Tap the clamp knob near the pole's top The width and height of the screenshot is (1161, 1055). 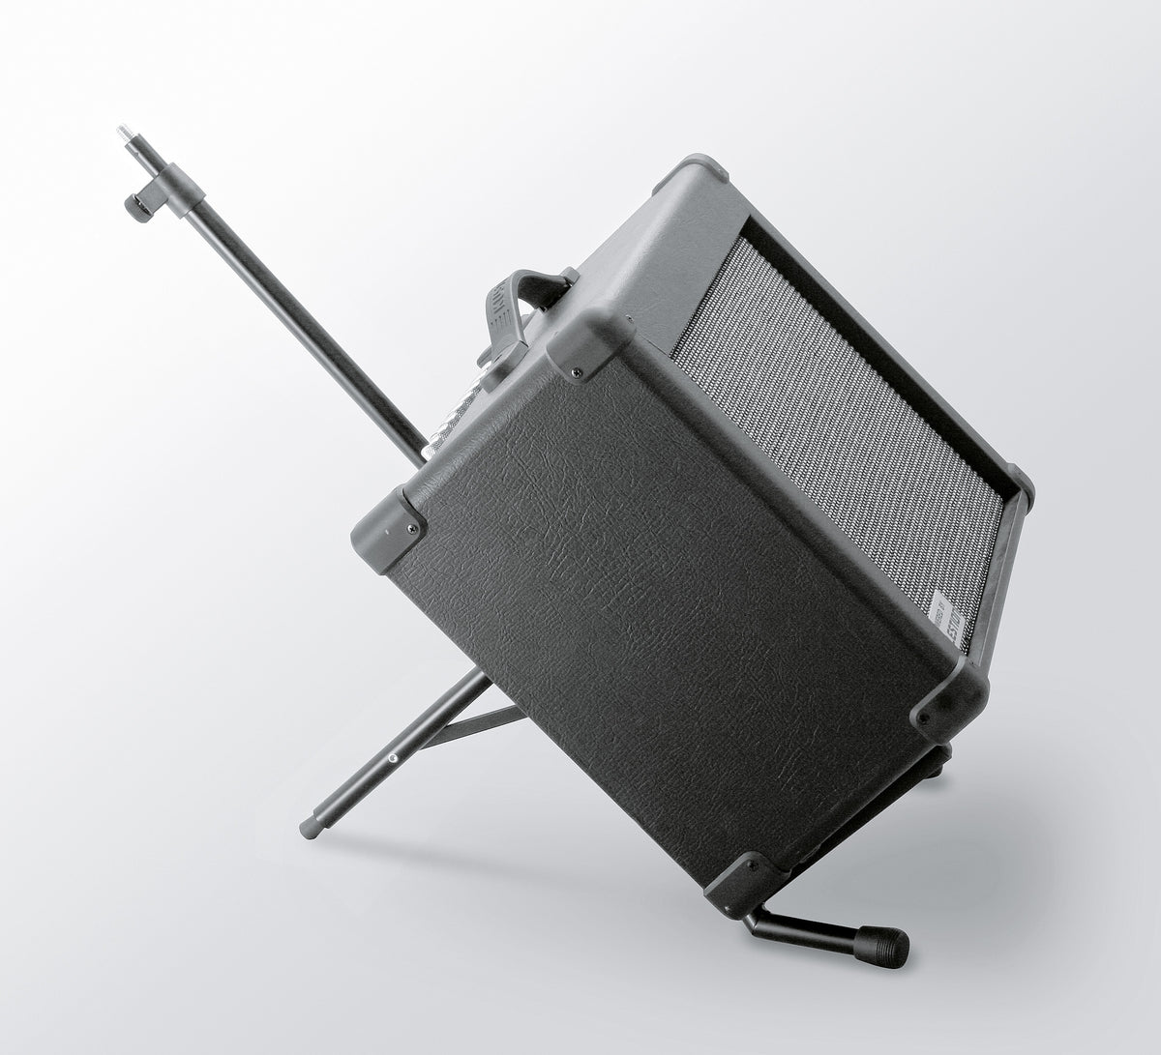point(138,206)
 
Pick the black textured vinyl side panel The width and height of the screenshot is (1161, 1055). point(658,600)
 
